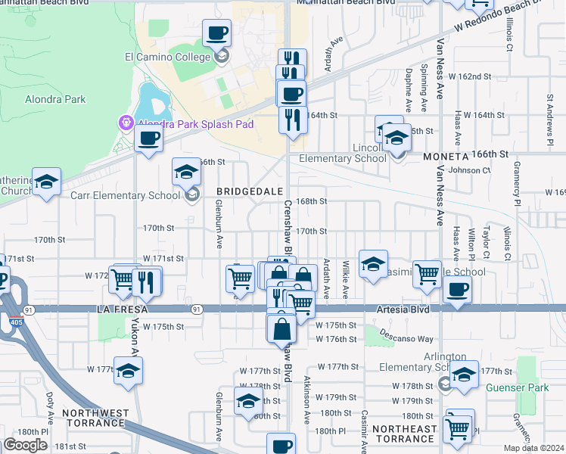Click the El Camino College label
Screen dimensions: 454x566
pos(166,56)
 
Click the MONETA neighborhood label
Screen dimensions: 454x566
pos(445,154)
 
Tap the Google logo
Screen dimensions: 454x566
pos(26,445)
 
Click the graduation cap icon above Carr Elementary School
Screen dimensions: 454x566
pos(186,172)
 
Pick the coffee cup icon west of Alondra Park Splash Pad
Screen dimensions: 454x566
pos(149,138)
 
